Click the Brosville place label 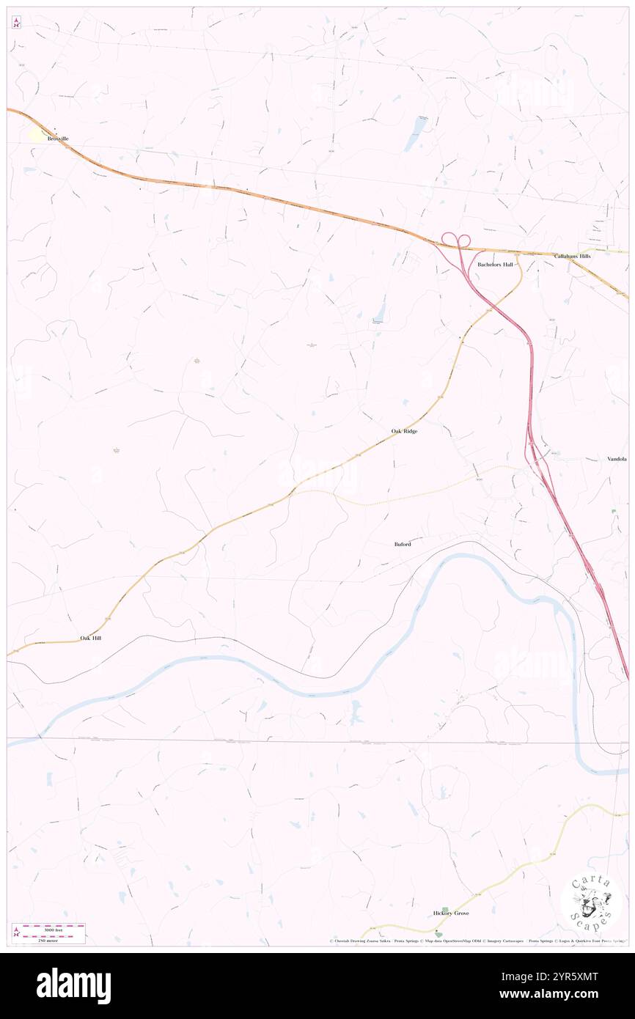click(58, 138)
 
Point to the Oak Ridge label click(404, 431)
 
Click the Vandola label click(617, 459)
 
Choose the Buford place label click(403, 544)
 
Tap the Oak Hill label click(91, 639)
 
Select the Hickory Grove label click(451, 913)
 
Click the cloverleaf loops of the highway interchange click(455, 240)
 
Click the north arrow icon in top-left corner click(16, 23)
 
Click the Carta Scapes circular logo click(592, 903)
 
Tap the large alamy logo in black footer click(74, 986)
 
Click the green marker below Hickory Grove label click(438, 933)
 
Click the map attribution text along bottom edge click(477, 941)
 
